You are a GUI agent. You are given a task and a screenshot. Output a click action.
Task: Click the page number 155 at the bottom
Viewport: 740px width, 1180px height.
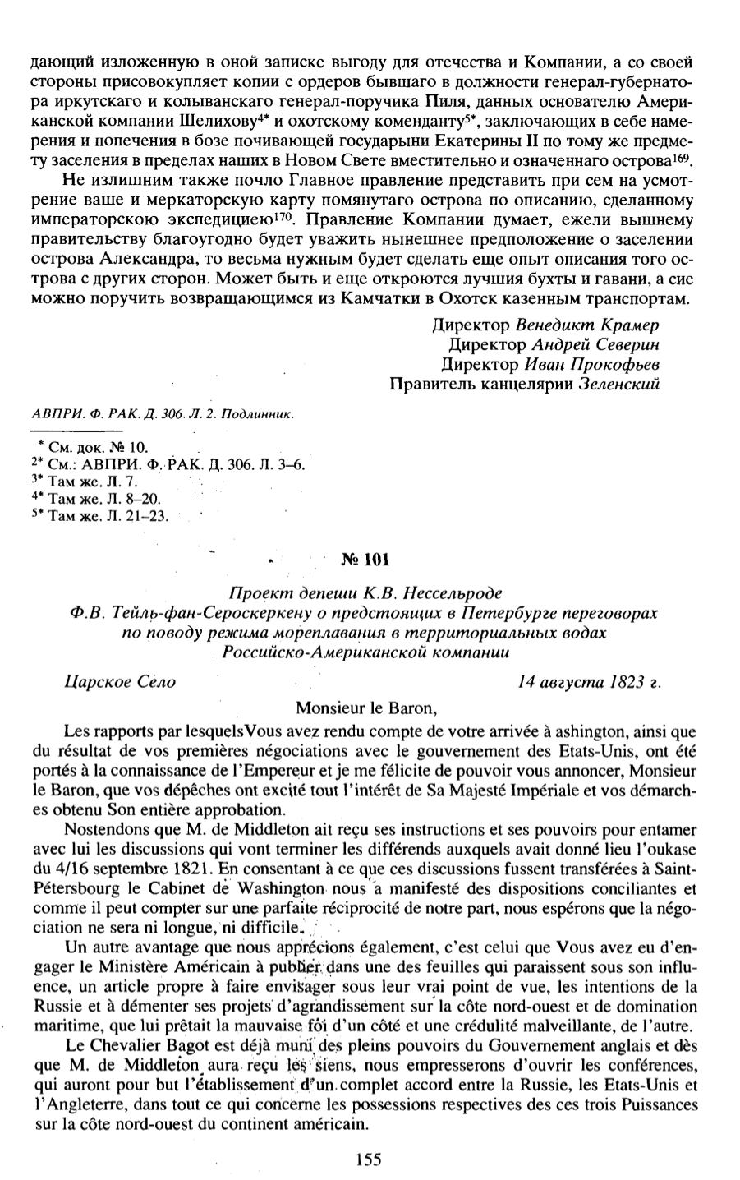coord(370,1159)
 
